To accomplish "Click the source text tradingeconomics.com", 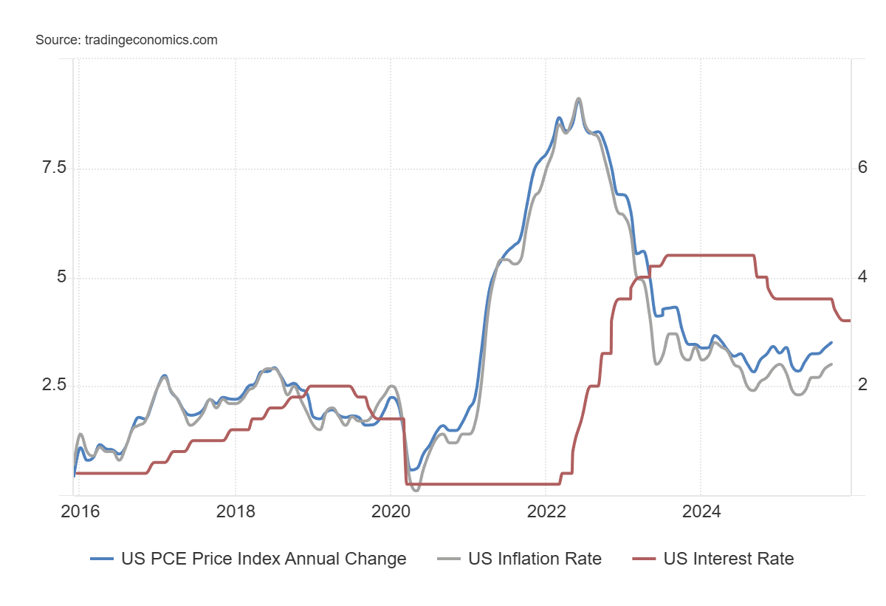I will (126, 40).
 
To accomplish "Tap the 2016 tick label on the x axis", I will (80, 512).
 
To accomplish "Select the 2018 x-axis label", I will (235, 512).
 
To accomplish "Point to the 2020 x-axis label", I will (391, 512).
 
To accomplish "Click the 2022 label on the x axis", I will (546, 512).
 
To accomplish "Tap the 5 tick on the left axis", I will (62, 278).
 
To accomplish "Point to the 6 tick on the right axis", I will (862, 168).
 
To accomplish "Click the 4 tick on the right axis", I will (862, 278).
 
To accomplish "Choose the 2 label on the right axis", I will (862, 386).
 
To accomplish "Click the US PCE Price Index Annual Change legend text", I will (264, 559).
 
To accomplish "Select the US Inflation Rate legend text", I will (535, 559).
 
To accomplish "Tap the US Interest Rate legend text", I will (729, 559).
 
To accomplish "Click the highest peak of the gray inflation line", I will (578, 98).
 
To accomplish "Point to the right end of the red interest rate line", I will (850, 321).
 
